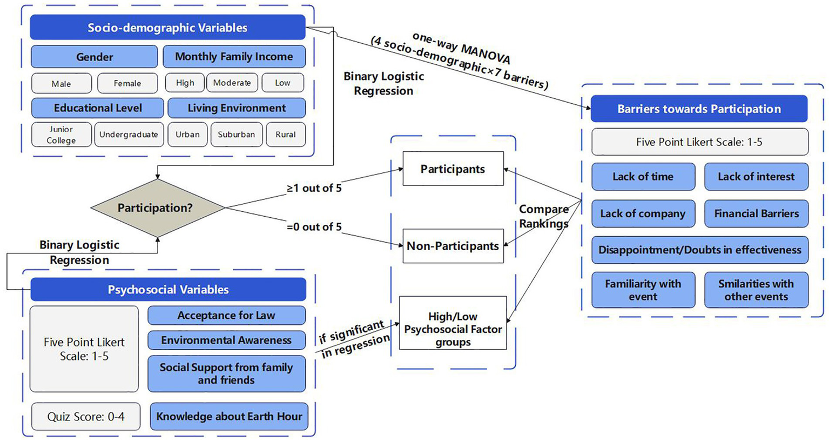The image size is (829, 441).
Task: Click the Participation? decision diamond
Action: tap(157, 208)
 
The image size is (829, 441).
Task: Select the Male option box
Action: tap(61, 83)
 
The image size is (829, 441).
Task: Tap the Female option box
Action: tap(127, 83)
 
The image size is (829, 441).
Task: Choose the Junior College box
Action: tap(61, 135)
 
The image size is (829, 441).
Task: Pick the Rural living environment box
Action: tap(286, 135)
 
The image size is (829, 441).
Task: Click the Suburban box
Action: tap(236, 135)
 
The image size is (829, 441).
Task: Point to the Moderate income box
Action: tap(232, 83)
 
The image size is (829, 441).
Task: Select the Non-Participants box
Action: tap(453, 246)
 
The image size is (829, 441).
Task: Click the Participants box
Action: tap(453, 169)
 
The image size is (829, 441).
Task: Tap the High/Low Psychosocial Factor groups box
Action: tap(453, 329)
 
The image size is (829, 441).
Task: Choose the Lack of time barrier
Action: tap(643, 177)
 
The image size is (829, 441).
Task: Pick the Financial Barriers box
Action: tap(756, 213)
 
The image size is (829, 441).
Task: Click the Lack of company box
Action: tap(643, 213)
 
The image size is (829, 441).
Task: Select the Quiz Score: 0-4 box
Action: tap(86, 417)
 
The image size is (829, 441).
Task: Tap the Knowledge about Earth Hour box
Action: tap(229, 417)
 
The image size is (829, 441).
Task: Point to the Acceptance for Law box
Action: tap(226, 316)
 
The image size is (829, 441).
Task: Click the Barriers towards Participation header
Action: tap(699, 109)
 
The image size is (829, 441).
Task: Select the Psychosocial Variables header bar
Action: tap(168, 290)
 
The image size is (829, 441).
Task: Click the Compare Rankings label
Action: tap(543, 216)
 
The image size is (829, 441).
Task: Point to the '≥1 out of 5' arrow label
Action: tap(314, 188)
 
